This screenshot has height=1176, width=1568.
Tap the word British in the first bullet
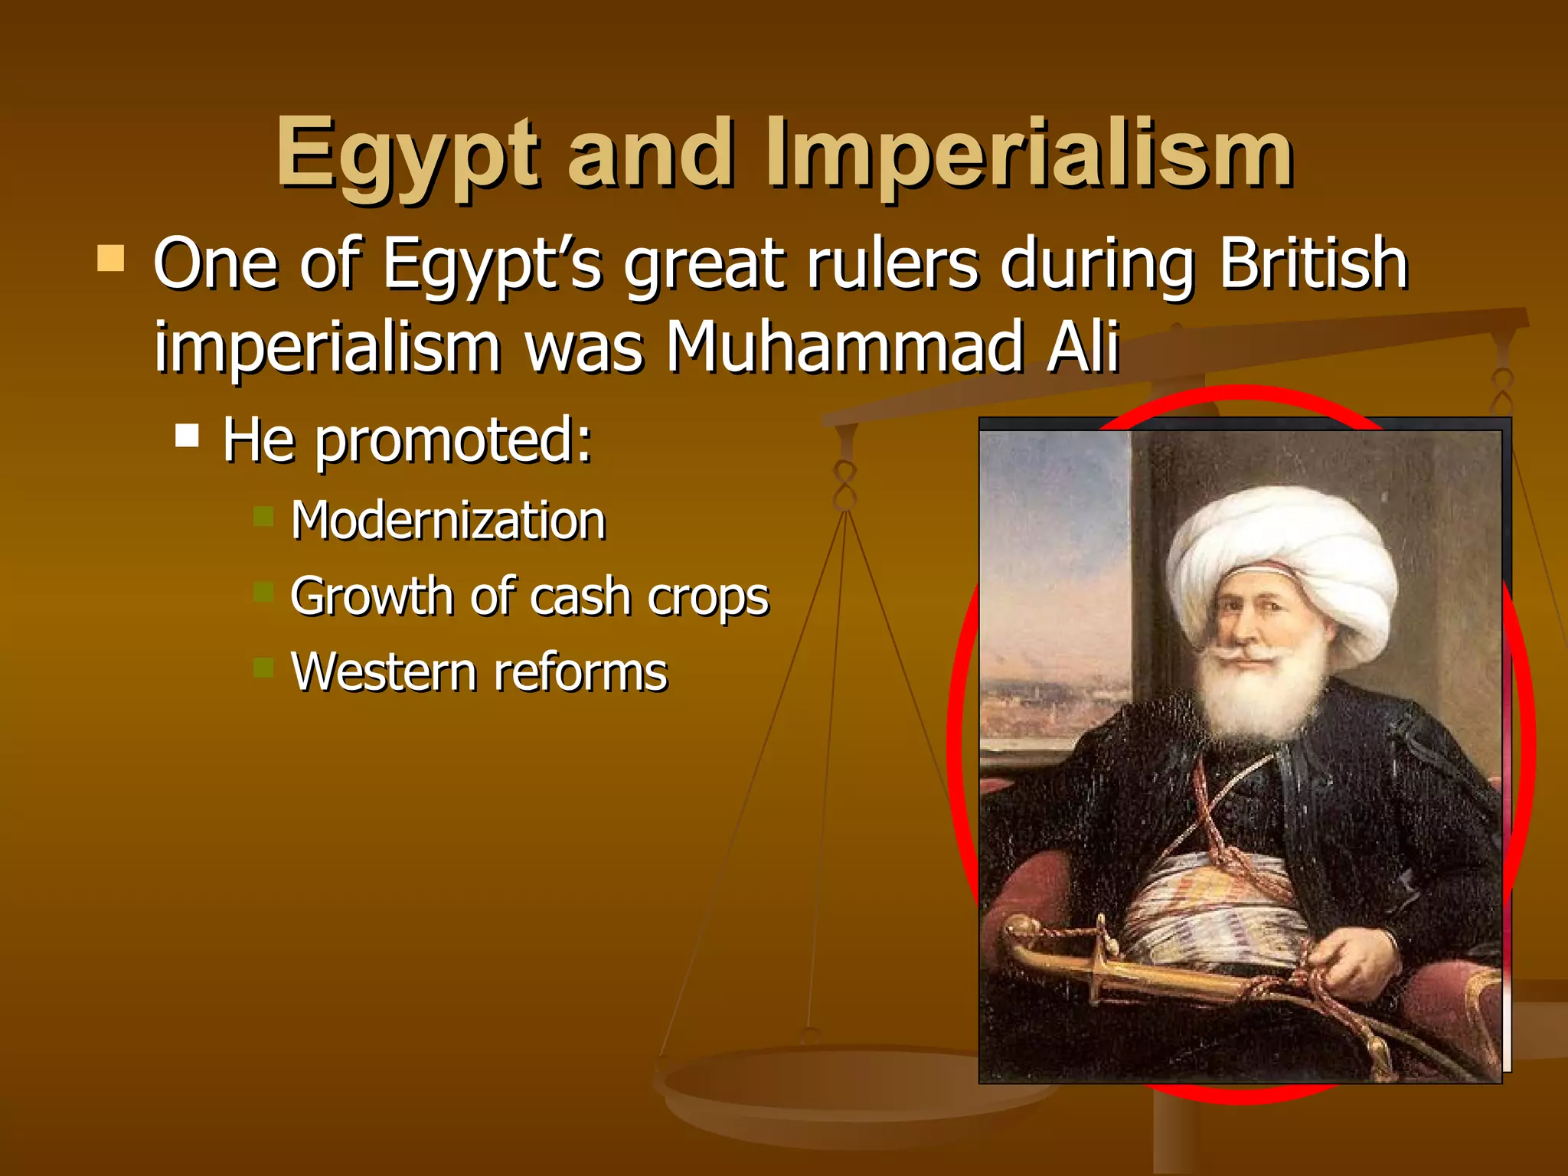(x=1312, y=264)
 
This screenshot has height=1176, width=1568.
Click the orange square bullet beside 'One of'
(x=111, y=259)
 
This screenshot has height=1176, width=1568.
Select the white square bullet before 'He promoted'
(x=187, y=436)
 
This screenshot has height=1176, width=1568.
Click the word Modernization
(x=448, y=521)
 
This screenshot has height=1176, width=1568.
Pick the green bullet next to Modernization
(x=263, y=516)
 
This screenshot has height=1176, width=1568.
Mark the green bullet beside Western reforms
(x=263, y=668)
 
